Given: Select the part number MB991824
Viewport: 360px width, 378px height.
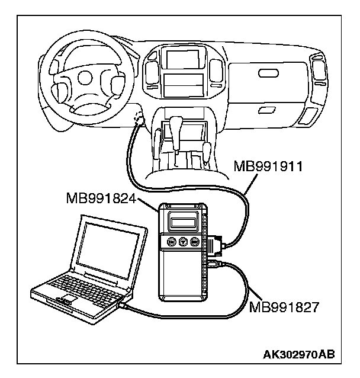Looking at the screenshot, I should (102, 199).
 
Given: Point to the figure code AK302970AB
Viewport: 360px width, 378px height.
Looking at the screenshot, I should (298, 354).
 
